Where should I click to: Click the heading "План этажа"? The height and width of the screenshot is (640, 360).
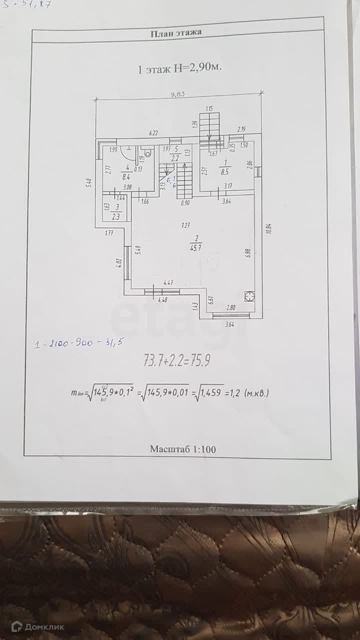tap(175, 33)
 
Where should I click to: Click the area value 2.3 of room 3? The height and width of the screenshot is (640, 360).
tap(115, 216)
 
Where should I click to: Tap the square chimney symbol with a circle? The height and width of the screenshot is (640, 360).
tap(248, 296)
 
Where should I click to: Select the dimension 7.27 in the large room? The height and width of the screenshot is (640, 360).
tap(185, 225)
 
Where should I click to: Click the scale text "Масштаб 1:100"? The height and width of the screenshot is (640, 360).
tap(182, 449)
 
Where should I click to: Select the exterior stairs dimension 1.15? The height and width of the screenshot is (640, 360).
tap(209, 108)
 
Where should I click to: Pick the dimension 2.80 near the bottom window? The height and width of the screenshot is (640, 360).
tap(230, 308)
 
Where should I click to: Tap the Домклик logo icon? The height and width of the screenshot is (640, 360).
tap(16, 626)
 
